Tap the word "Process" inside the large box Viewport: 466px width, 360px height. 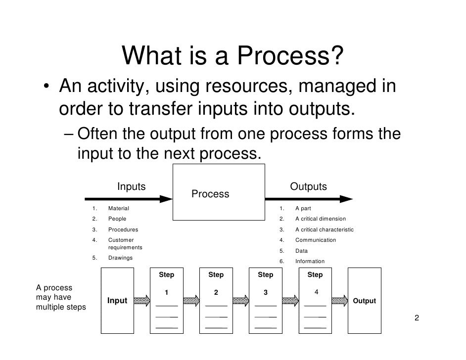(210, 194)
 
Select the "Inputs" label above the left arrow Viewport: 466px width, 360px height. (131, 187)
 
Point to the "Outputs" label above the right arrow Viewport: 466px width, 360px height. (308, 187)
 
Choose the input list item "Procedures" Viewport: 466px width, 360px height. (123, 229)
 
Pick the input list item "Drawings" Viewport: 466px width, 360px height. (120, 258)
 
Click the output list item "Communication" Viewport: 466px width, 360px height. (315, 240)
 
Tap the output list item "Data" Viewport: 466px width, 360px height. (301, 251)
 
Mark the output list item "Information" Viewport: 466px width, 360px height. (310, 261)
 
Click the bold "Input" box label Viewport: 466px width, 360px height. (117, 301)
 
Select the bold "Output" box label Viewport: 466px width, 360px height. (365, 301)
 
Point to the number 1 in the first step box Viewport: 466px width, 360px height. (166, 292)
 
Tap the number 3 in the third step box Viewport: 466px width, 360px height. (265, 292)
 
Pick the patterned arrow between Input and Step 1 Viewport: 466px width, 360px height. (141, 301)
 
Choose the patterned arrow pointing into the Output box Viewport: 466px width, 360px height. (340, 301)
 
